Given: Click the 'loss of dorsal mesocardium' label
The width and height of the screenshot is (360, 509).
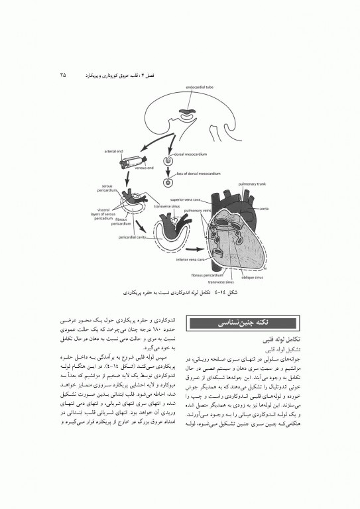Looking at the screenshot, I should click(197, 174).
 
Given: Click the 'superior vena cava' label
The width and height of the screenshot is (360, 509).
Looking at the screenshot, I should click(185, 199).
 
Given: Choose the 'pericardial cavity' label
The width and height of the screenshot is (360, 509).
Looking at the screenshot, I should click(133, 235).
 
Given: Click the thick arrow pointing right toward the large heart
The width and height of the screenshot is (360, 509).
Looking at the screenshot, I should click(191, 250).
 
